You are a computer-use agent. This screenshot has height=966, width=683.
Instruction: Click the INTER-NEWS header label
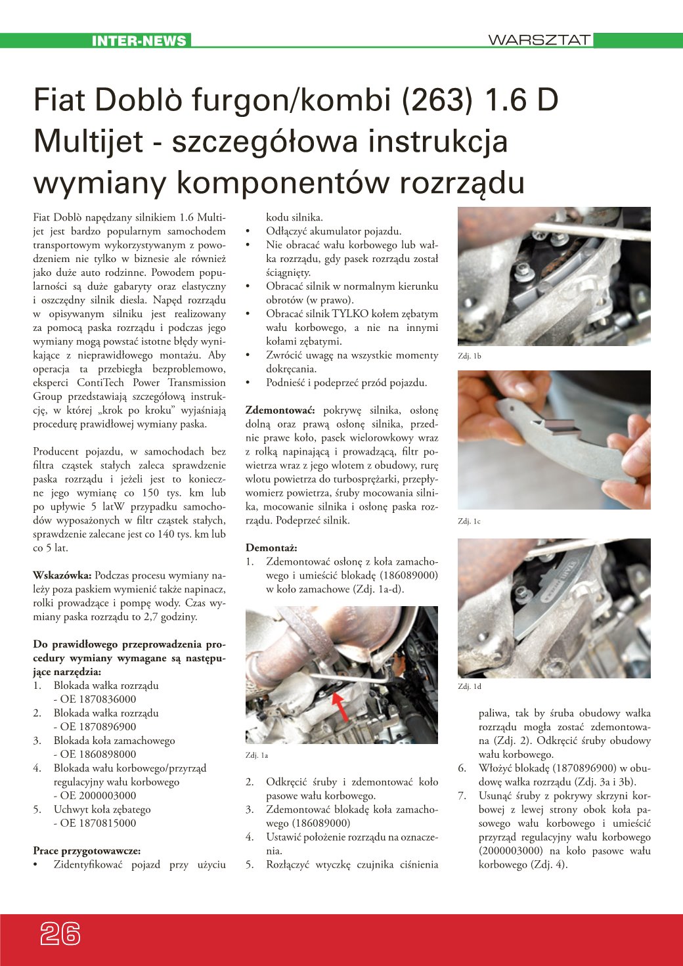[x=139, y=41]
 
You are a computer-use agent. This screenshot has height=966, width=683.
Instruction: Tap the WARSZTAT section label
[x=539, y=40]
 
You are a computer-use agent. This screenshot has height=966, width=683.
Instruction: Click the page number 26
[x=60, y=933]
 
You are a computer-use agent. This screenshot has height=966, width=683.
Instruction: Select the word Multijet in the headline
[x=89, y=141]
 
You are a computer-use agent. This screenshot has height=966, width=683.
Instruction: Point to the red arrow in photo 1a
[x=340, y=706]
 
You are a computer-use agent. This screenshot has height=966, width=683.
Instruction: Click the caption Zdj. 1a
[x=257, y=755]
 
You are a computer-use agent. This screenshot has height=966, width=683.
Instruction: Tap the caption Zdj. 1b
[x=470, y=356]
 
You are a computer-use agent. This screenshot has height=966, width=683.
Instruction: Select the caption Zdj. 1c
[x=470, y=521]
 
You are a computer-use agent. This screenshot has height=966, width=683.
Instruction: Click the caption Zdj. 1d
[x=470, y=686]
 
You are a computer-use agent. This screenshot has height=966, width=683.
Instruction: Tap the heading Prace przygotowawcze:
[x=87, y=850]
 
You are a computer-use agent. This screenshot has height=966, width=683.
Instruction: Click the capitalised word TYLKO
[x=351, y=314]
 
